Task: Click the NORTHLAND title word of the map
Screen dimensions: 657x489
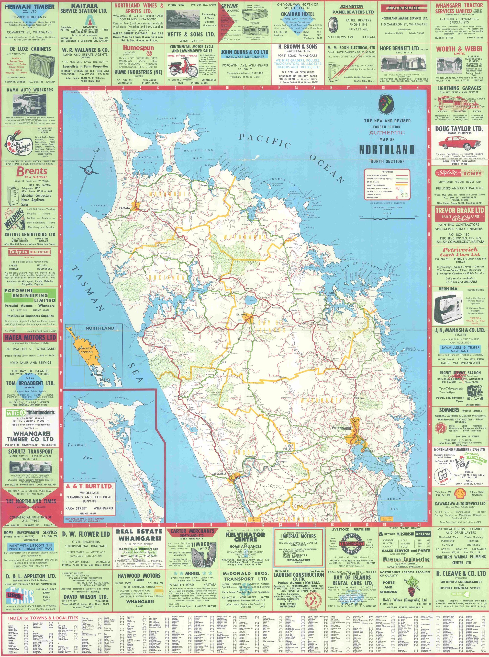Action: point(387,150)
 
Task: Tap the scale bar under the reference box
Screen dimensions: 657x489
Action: point(387,218)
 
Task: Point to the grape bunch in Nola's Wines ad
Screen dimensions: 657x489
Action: point(411,590)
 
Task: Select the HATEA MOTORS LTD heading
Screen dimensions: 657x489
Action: point(30,337)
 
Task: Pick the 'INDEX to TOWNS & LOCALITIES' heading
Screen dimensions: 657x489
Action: point(43,618)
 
